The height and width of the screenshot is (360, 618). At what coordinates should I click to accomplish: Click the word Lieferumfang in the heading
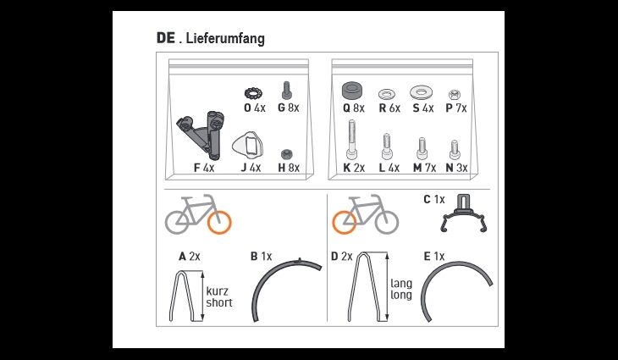tap(224, 39)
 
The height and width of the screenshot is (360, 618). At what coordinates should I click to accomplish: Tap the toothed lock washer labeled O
tap(252, 94)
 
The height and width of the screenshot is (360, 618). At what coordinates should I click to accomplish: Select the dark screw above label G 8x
tap(287, 91)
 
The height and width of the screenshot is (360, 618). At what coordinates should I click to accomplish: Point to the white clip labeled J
tap(247, 144)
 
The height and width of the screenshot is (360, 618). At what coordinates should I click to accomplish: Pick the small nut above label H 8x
tap(287, 154)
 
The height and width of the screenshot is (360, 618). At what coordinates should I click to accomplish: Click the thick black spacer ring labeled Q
tap(352, 91)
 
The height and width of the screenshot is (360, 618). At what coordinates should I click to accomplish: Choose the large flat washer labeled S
tap(421, 92)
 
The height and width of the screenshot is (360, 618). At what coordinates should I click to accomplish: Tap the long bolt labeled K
tap(352, 140)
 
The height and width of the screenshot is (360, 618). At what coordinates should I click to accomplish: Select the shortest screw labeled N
tap(455, 150)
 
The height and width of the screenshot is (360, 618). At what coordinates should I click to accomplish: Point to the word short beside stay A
tap(219, 303)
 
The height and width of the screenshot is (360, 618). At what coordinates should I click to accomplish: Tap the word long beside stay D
tap(401, 295)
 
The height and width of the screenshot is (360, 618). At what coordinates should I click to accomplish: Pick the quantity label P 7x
tap(456, 108)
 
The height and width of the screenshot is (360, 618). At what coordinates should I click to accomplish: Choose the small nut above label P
tap(453, 95)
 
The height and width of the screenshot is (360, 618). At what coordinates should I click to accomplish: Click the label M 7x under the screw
tap(424, 168)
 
